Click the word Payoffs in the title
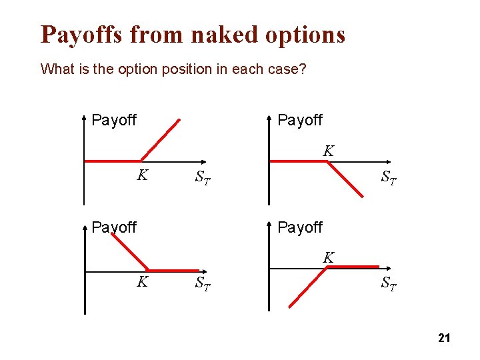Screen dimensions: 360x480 pos(82,34)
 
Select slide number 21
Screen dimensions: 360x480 pos(444,339)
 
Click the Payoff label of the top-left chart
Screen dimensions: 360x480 pos(114,120)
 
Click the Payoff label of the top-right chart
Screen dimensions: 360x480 pos(300,120)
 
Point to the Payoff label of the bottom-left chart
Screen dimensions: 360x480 pos(114,227)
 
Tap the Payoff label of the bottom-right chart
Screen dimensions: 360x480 pos(300,227)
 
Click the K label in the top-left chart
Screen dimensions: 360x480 pos(142,176)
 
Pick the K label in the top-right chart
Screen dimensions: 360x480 pos(329,151)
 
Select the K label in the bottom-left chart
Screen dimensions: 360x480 pos(142,282)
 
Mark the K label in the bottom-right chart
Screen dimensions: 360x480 pos(329,257)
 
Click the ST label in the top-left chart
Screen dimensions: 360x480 pos(203,178)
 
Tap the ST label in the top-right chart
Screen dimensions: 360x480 pos(389,178)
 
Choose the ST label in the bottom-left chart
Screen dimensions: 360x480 pos(203,284)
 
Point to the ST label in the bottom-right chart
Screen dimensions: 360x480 pos(389,284)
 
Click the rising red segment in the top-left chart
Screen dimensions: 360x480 pos(160,140)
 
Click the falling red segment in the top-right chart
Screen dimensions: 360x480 pos(345,177)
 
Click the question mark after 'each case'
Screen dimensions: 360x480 pos(303,69)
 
